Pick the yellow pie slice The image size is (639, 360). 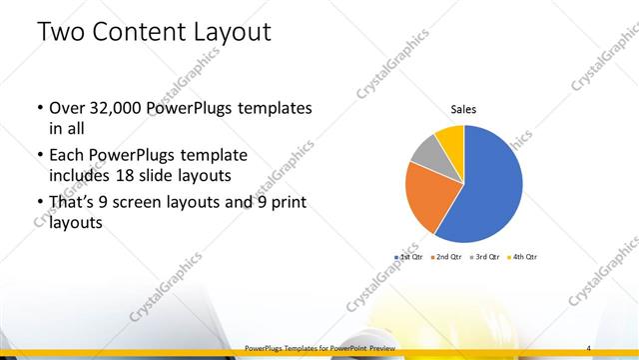[x=450, y=136]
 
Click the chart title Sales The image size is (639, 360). [x=463, y=109]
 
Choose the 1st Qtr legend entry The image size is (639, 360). [x=410, y=257]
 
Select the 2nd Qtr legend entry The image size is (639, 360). [x=448, y=257]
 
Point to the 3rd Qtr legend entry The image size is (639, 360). [x=486, y=257]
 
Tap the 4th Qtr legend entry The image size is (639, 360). [x=524, y=257]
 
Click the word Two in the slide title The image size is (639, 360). [x=58, y=32]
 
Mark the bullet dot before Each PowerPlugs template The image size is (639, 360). [x=38, y=156]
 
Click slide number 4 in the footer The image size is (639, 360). [x=589, y=348]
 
